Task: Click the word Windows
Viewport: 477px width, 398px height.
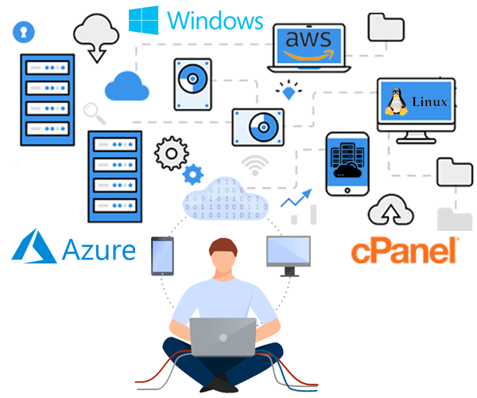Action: (215, 19)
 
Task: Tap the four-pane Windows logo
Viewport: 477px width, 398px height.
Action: (145, 21)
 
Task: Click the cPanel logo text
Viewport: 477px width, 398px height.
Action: (405, 251)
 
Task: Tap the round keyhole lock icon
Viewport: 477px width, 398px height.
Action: (24, 33)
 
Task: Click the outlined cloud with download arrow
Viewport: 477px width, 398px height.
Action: (96, 37)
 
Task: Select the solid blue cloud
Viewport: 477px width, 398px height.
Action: (127, 85)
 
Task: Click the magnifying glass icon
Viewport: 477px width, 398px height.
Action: (95, 113)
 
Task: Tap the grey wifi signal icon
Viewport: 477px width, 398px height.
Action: (255, 165)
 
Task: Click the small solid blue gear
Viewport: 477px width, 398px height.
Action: (192, 174)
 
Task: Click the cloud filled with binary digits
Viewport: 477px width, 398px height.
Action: (227, 200)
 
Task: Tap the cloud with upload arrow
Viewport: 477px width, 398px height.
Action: (390, 212)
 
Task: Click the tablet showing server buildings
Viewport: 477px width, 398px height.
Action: (347, 164)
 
